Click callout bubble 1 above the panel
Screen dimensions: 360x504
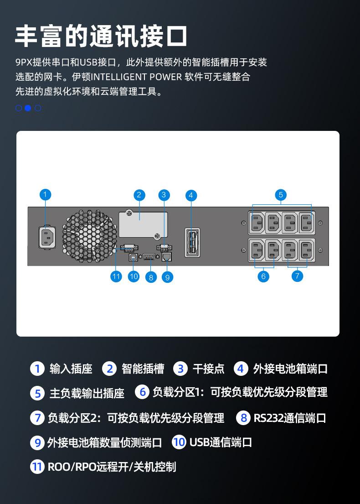point(45,194)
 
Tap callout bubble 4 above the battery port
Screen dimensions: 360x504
point(191,195)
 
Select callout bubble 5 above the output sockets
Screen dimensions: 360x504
point(281,195)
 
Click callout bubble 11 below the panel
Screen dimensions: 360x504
point(116,276)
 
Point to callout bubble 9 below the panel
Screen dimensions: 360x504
point(167,277)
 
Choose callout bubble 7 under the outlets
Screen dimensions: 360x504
point(297,276)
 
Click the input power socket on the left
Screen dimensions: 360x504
point(47,238)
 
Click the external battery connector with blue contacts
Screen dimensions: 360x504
point(192,242)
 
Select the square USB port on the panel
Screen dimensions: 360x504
point(133,257)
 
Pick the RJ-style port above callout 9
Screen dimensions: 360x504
point(167,257)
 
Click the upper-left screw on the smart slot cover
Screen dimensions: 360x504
point(129,213)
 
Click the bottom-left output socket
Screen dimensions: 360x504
point(256,250)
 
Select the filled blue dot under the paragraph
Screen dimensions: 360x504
point(28,108)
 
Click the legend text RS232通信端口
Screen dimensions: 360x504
point(290,418)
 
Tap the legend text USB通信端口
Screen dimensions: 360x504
point(221,442)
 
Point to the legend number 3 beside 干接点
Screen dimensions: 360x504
point(180,369)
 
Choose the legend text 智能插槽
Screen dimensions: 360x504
point(143,369)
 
